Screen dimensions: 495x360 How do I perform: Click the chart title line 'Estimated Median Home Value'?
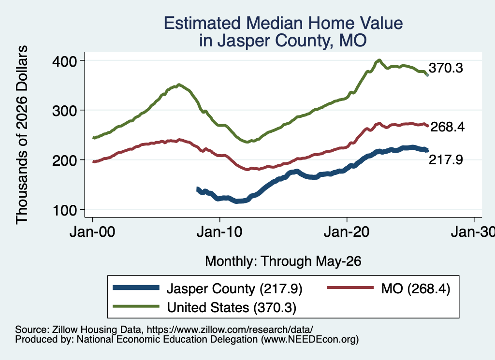click(x=283, y=23)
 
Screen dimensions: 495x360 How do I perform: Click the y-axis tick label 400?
click(x=65, y=61)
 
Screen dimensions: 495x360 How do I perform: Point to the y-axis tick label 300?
click(x=65, y=111)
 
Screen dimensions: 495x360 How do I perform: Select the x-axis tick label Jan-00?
click(x=92, y=232)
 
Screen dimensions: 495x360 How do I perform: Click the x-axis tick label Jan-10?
click(x=219, y=232)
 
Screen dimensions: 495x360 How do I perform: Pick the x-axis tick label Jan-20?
click(x=347, y=232)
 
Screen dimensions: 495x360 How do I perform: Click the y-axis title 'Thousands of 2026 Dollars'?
click(x=22, y=135)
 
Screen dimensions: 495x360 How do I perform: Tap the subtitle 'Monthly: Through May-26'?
click(x=283, y=261)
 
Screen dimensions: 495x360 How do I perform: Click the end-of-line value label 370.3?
click(x=446, y=68)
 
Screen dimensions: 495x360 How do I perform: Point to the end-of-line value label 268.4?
click(x=447, y=127)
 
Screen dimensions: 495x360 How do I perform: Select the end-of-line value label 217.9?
click(x=446, y=159)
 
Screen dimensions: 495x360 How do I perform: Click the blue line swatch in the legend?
click(x=136, y=288)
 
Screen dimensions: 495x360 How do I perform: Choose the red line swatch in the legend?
click(x=350, y=288)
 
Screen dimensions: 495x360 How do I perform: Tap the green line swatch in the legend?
click(x=136, y=306)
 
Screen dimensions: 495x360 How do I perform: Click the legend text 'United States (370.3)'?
click(x=232, y=307)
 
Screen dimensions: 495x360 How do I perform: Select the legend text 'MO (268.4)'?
click(x=415, y=288)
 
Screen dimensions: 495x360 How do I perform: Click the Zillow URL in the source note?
click(x=230, y=330)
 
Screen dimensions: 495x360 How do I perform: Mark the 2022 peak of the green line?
click(x=379, y=60)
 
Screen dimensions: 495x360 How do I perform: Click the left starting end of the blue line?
click(x=198, y=189)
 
